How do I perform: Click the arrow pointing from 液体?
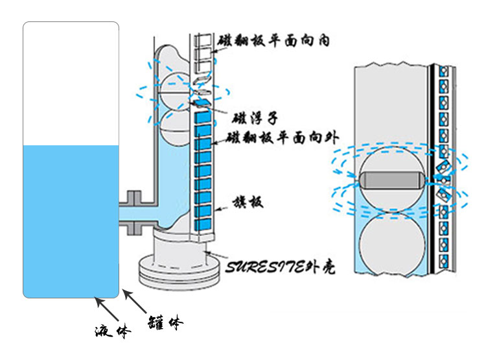106,309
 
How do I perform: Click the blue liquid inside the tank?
71,221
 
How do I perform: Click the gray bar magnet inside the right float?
391,178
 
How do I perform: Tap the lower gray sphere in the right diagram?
391,243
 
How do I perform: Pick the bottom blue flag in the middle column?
203,224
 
